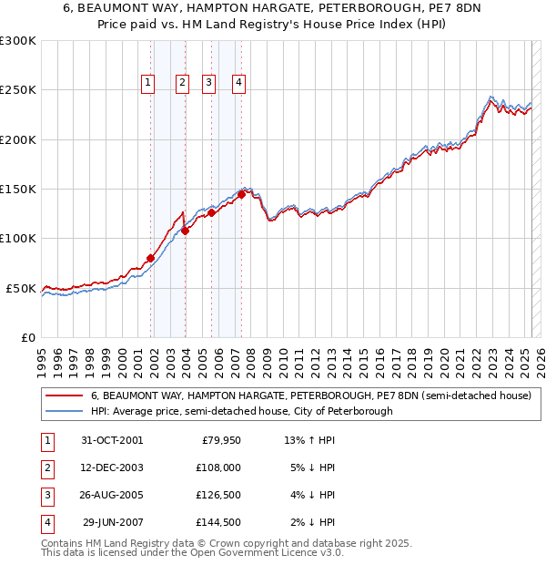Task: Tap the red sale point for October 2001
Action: click(150, 258)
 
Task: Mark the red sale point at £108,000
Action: click(185, 231)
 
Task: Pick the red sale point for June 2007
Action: click(241, 194)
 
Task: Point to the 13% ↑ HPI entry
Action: click(309, 440)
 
